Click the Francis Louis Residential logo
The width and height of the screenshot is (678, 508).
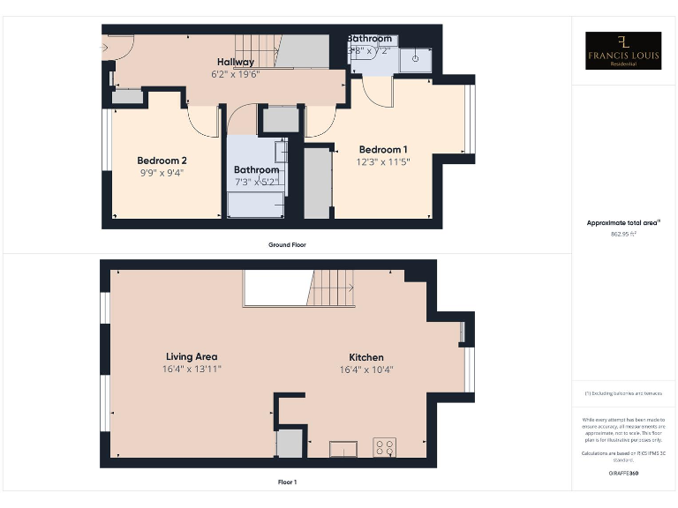pos(623,50)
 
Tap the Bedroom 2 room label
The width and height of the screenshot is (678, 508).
pos(162,161)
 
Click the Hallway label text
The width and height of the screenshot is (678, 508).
pos(237,62)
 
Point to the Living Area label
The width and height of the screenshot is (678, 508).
pos(192,356)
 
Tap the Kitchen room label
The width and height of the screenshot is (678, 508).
pos(365,356)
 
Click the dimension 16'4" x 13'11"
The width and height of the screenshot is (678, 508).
pos(192,369)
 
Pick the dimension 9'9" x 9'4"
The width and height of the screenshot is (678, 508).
pos(162,173)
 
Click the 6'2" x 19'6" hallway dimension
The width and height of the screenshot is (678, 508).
pos(237,74)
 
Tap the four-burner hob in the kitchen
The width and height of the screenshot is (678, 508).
pos(385,447)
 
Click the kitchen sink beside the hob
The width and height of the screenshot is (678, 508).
pos(343,450)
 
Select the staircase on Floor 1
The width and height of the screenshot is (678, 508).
pos(332,288)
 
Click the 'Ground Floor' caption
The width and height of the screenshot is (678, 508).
pos(287,244)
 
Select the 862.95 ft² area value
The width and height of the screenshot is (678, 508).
pos(623,235)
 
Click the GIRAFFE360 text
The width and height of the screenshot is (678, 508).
pos(623,474)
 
